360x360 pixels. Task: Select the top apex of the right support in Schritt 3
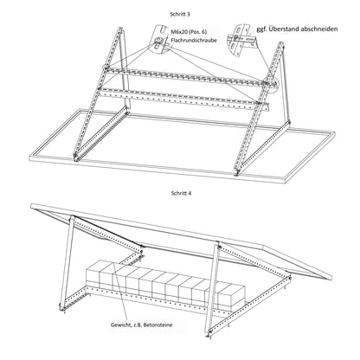coord(280,54)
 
